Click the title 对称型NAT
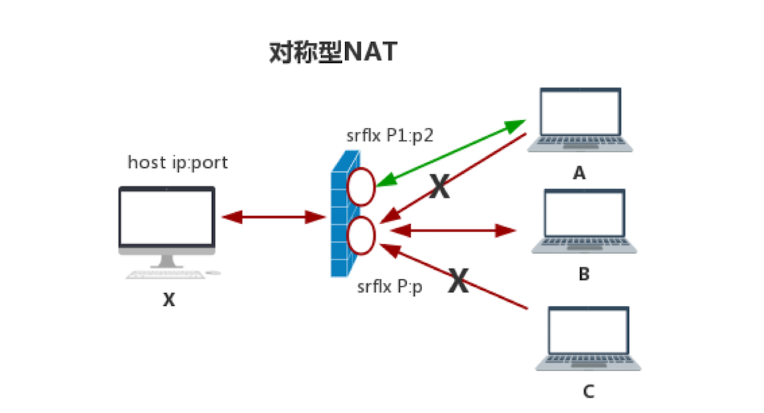point(332,52)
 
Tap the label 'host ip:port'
point(178,163)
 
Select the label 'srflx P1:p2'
point(390,136)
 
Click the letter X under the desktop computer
point(169,301)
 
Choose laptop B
point(584,222)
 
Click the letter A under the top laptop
point(579,173)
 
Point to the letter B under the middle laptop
point(583,274)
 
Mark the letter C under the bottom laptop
point(588,391)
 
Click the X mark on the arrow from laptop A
point(440,188)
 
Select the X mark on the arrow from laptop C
point(458,281)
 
